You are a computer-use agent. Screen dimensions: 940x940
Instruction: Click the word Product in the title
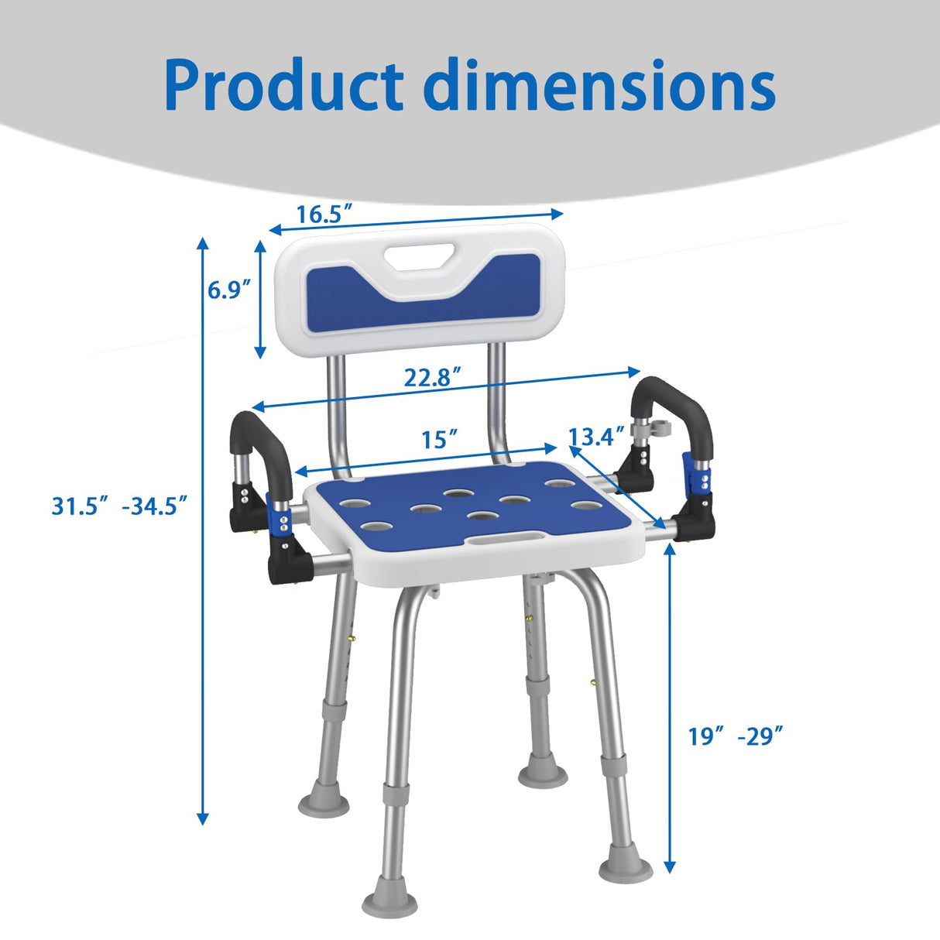pos(284,86)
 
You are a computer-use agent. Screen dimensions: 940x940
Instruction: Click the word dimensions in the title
pos(599,84)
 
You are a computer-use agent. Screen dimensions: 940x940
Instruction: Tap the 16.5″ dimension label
pos(325,214)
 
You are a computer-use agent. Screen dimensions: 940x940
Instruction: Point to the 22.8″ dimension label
pos(433,377)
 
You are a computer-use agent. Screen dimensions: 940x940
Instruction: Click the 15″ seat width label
pos(440,439)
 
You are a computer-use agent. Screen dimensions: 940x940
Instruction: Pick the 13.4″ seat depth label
pos(597,436)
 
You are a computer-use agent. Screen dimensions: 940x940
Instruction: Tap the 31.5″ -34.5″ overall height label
pos(120,506)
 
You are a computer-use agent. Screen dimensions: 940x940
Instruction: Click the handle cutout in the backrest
pos(419,256)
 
